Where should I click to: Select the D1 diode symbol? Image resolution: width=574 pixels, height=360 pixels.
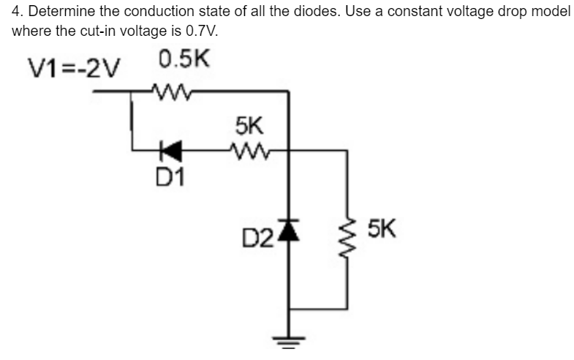[173, 151]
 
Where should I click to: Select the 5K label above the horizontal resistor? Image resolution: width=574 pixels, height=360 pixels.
[250, 124]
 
